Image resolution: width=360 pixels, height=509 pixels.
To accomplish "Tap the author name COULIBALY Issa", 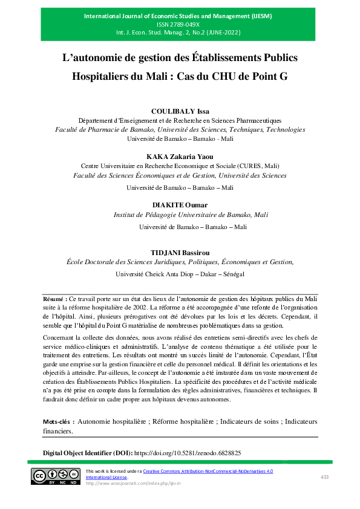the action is tap(179, 111).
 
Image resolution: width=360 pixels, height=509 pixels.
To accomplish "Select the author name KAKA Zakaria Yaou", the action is tap(179, 156).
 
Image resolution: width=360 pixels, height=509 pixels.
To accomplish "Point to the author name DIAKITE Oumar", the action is tap(179, 204).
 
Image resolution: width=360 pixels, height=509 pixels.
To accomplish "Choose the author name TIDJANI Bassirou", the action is tap(179, 251).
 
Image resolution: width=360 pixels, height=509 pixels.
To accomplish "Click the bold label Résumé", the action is tap(55, 299).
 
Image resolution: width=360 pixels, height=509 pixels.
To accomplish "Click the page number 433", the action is tap(324, 477).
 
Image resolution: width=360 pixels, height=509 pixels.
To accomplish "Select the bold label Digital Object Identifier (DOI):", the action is tap(87, 452).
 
